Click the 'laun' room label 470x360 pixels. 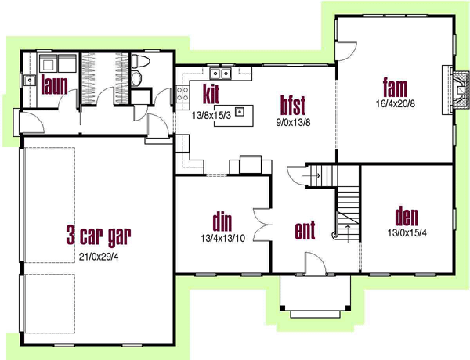tap(55, 84)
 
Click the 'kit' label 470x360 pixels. tap(210, 92)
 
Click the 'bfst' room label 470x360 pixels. tap(293, 103)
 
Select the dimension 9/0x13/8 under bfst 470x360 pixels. tap(293, 122)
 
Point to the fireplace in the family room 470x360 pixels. tap(452, 88)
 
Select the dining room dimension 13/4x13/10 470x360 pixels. tap(222, 239)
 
